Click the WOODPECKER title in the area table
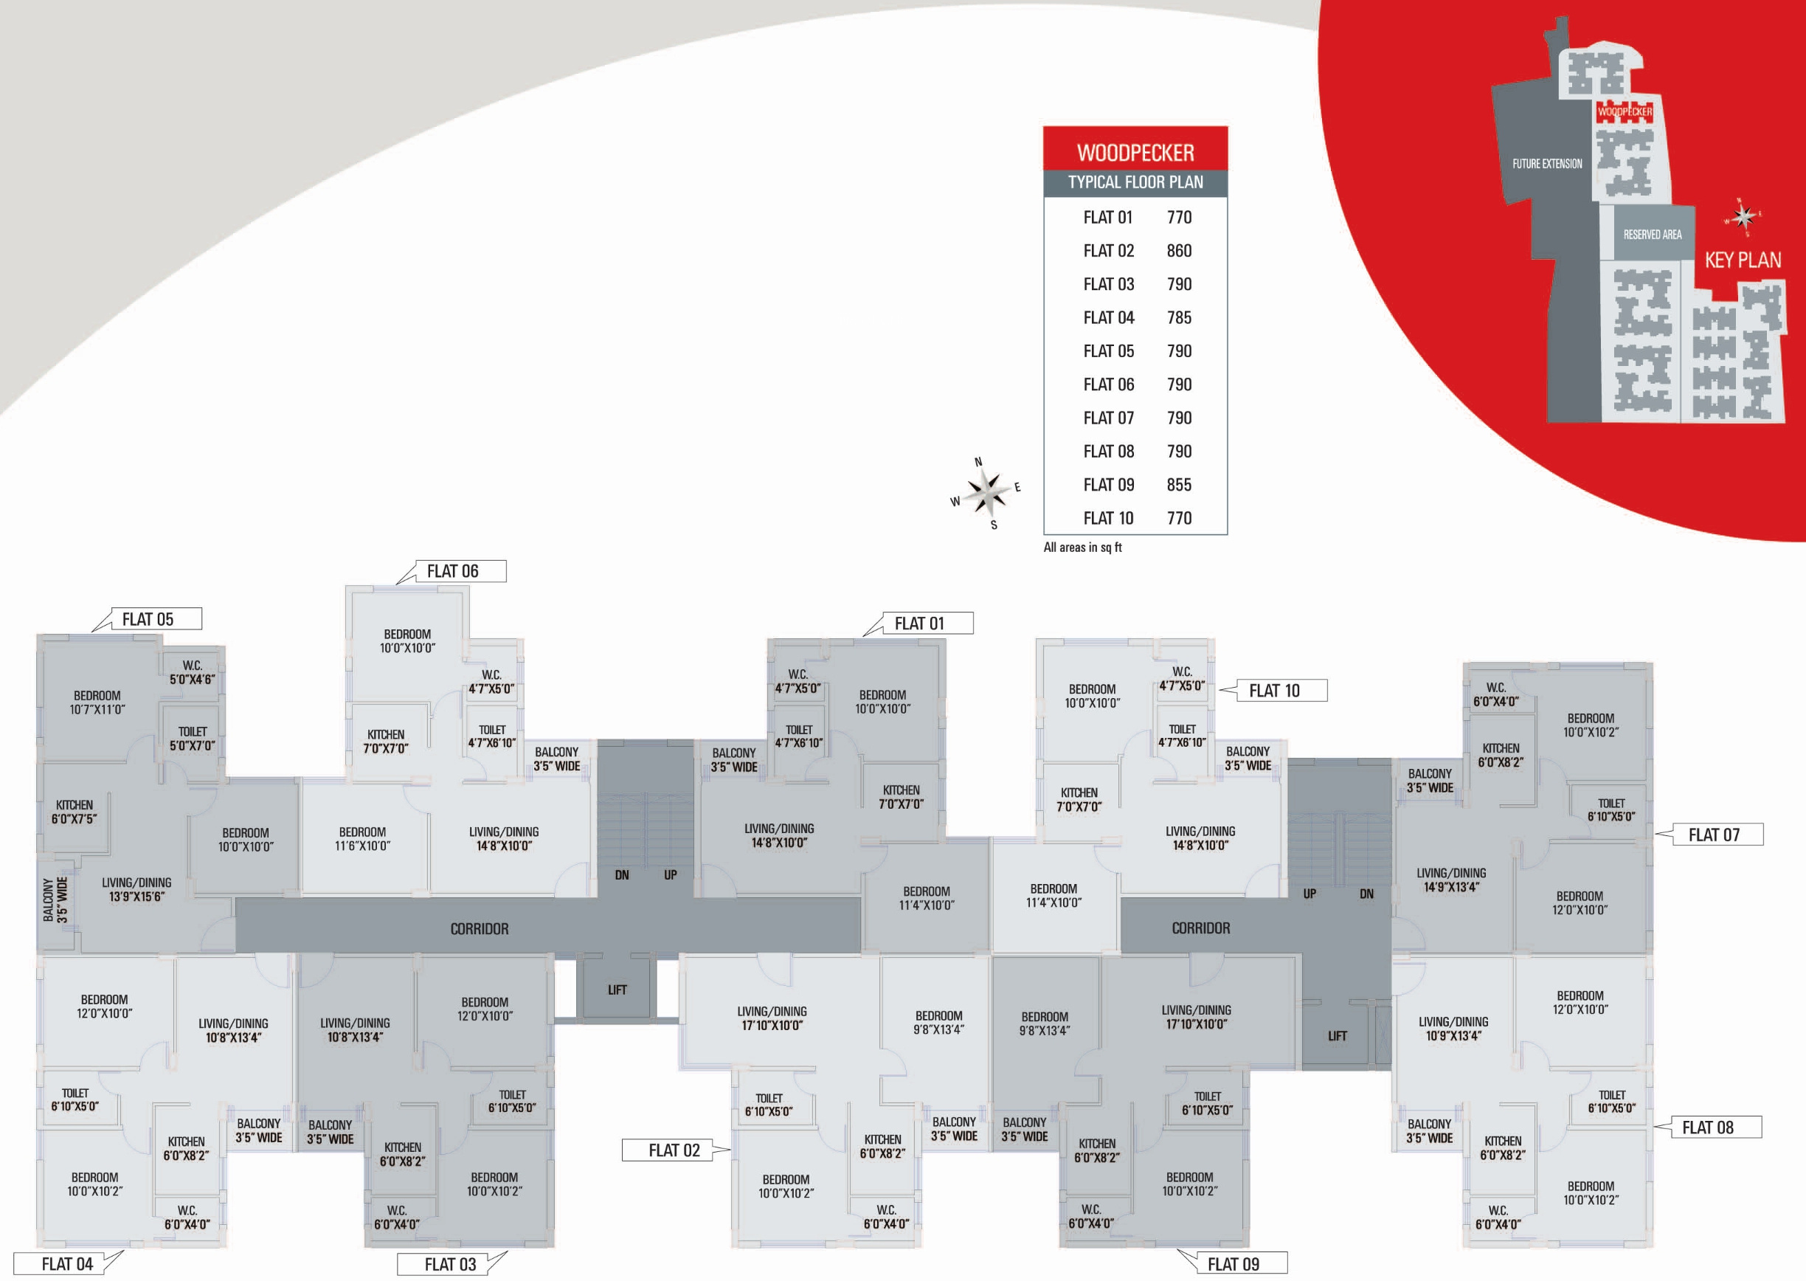tap(1135, 152)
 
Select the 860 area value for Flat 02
tap(1179, 251)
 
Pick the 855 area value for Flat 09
tap(1179, 485)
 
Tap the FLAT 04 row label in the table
tap(1108, 318)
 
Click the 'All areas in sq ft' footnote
tap(1082, 548)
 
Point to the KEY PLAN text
tap(1742, 260)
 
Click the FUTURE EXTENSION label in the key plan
tap(1546, 164)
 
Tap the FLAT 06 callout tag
tap(453, 571)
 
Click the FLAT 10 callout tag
tap(1273, 691)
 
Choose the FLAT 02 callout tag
tap(674, 1151)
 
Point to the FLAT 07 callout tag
tap(1713, 835)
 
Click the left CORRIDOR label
tap(479, 929)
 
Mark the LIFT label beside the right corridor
tap(1337, 1037)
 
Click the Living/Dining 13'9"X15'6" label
tap(136, 890)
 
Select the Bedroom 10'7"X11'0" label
tap(97, 702)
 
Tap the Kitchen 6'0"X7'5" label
tap(74, 812)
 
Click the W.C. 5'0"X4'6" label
tap(192, 672)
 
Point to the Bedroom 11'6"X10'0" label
tap(362, 839)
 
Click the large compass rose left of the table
tap(986, 492)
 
